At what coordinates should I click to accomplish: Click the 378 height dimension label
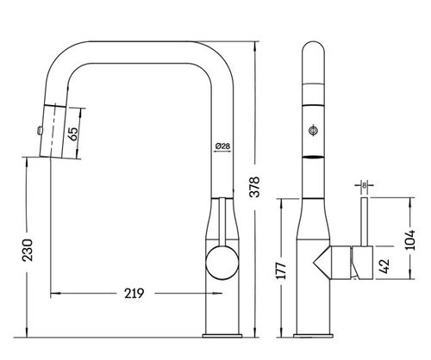pyautogui.click(x=254, y=187)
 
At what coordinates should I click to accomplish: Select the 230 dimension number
pyautogui.click(x=28, y=250)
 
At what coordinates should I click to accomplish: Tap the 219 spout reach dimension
pyautogui.click(x=134, y=294)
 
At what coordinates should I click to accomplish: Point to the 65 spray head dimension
pyautogui.click(x=73, y=133)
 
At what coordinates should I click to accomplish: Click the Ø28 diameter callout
pyautogui.click(x=222, y=146)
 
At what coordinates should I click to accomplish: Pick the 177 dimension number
pyautogui.click(x=281, y=270)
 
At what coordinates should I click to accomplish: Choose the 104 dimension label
pyautogui.click(x=410, y=239)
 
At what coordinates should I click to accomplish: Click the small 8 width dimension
pyautogui.click(x=365, y=185)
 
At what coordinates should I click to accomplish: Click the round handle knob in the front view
pyautogui.click(x=222, y=264)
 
